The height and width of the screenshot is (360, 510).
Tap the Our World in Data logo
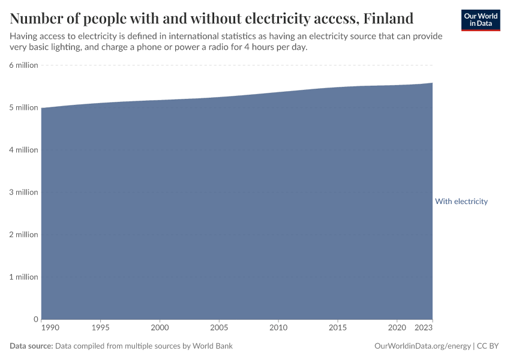point(481,20)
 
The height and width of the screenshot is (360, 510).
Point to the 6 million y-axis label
point(23,65)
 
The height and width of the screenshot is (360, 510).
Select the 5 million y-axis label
point(23,108)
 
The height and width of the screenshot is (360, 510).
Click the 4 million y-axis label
point(23,150)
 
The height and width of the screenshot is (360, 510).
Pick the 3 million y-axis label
point(23,193)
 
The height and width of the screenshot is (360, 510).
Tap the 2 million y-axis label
point(23,235)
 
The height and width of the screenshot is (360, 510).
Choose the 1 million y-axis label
point(23,277)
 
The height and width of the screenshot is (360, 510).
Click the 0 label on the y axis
point(36,319)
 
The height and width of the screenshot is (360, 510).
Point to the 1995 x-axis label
point(100,328)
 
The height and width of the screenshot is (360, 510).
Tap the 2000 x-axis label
point(160,328)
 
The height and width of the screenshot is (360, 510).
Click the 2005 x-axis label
point(219,328)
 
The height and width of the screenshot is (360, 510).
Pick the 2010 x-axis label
point(278,328)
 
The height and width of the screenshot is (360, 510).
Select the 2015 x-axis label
point(338,328)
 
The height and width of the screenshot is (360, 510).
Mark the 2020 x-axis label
point(397,328)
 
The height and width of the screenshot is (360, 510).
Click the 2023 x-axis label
point(424,328)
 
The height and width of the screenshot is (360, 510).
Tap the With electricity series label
point(461,202)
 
